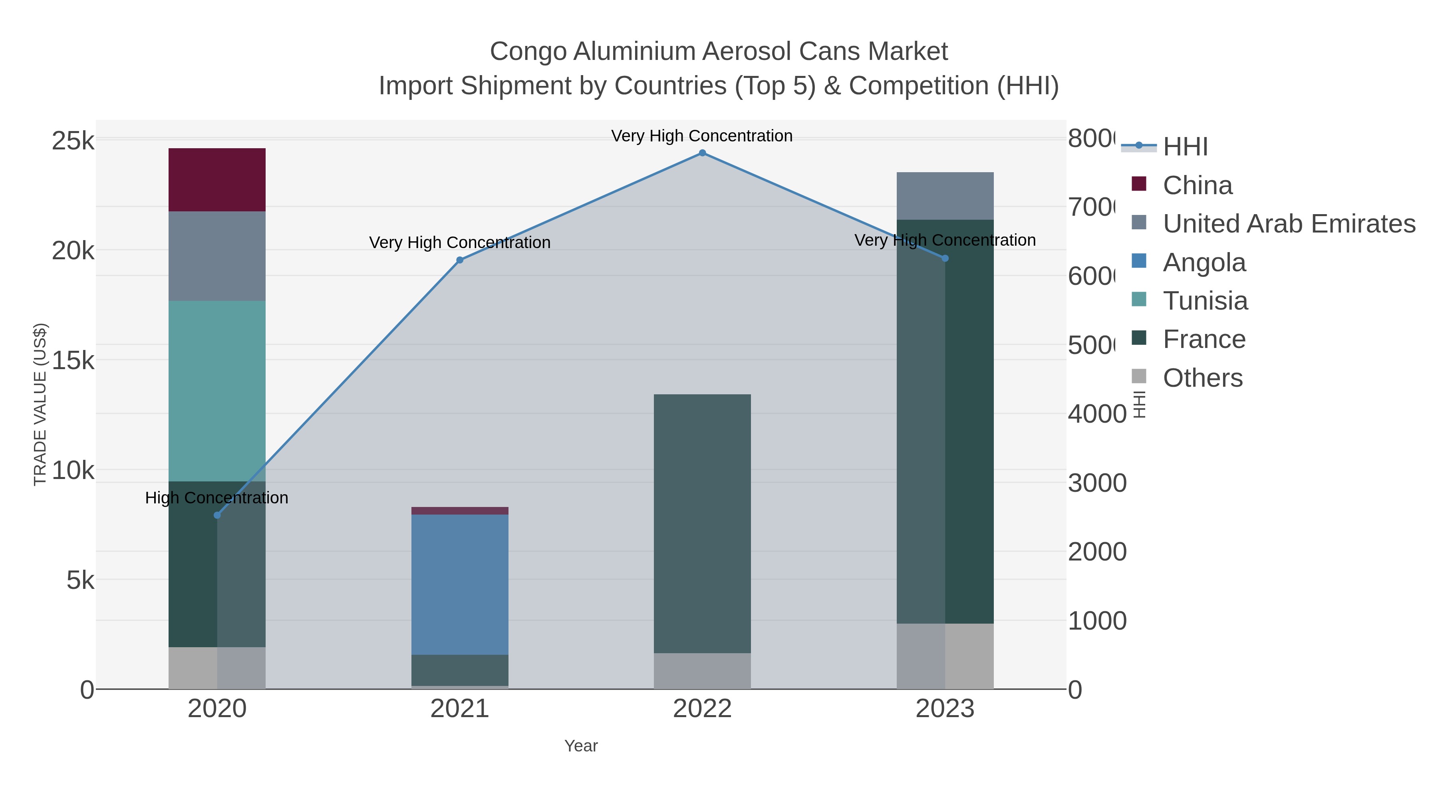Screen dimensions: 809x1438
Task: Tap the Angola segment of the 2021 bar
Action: [x=459, y=584]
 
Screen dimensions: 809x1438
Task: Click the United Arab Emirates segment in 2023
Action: [x=945, y=196]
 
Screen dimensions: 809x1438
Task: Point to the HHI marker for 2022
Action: [x=702, y=153]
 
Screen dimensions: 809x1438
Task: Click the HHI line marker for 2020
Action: [x=217, y=515]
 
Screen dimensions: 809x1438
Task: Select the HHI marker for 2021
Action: [x=459, y=260]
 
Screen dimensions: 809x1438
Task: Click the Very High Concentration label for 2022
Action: [x=702, y=136]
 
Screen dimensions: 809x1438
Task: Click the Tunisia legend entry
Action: [x=1205, y=300]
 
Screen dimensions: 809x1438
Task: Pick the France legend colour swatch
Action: [x=1139, y=338]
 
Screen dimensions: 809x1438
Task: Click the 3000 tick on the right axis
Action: [x=1097, y=483]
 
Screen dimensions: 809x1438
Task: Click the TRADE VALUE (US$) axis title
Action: [x=40, y=404]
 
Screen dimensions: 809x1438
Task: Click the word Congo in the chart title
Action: [x=528, y=52]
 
